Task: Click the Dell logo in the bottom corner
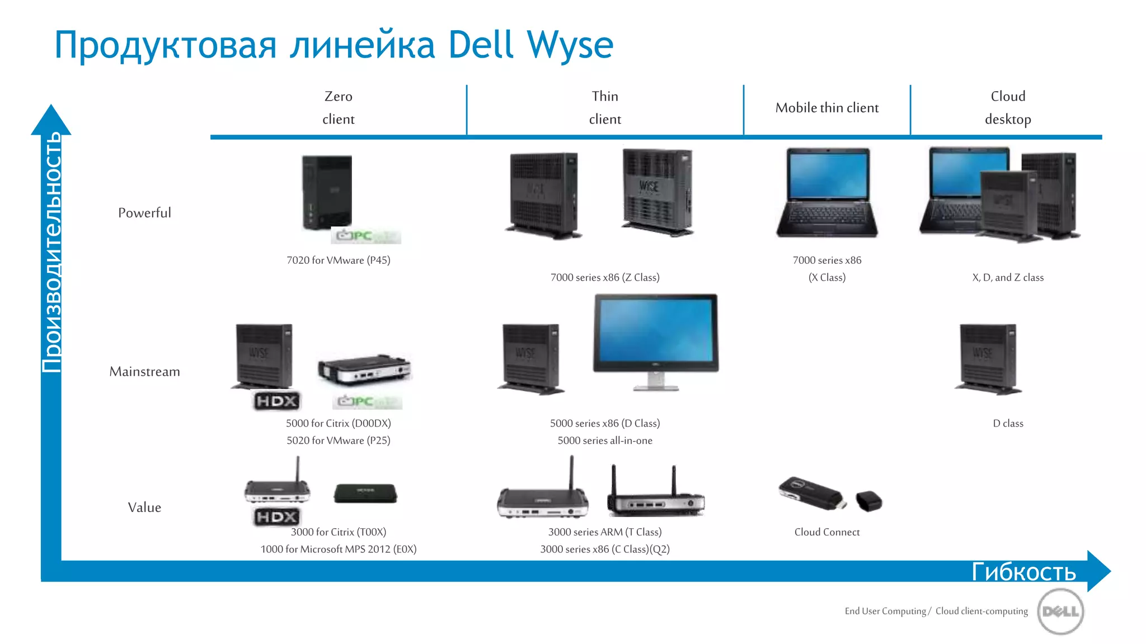(x=1060, y=612)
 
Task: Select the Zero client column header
(x=338, y=107)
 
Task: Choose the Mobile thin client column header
(x=826, y=108)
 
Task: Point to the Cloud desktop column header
(x=1007, y=107)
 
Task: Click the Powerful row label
(x=144, y=213)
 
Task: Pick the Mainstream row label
(x=144, y=372)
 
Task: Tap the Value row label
(x=144, y=508)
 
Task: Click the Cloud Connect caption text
(x=826, y=532)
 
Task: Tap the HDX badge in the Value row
(x=276, y=517)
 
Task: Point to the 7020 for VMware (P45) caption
(x=338, y=261)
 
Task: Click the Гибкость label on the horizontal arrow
(x=1023, y=571)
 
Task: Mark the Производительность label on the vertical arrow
(x=51, y=252)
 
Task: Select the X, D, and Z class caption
(x=1007, y=278)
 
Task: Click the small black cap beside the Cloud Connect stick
(x=868, y=500)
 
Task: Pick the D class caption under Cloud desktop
(x=1007, y=424)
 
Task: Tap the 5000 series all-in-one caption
(x=604, y=441)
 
